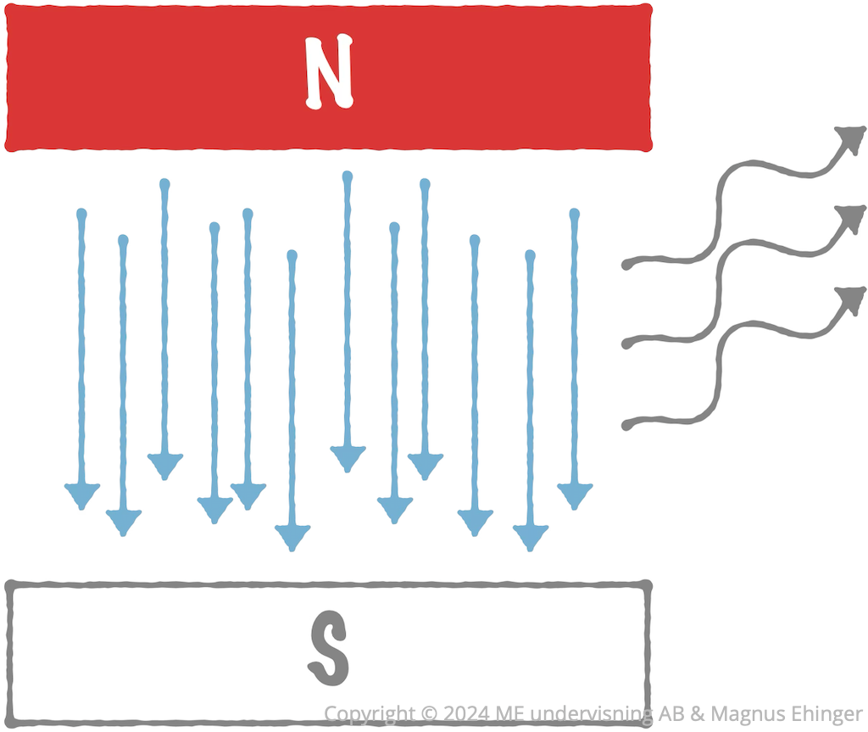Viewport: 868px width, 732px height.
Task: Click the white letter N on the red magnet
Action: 330,71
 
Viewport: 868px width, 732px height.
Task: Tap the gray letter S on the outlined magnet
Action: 329,648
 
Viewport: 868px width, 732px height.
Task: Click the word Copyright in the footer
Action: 370,714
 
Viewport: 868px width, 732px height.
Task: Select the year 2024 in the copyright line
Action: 466,713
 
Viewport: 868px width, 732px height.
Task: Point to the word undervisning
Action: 591,714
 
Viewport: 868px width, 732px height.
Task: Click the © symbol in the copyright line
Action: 429,713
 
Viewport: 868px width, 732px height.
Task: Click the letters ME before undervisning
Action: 509,713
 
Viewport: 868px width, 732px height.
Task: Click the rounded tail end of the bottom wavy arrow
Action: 626,425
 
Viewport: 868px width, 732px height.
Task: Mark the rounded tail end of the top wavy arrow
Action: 626,265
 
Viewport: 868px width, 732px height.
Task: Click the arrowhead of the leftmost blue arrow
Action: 82,495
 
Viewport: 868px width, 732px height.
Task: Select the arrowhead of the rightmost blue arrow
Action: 575,495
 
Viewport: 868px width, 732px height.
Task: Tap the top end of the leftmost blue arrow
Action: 82,214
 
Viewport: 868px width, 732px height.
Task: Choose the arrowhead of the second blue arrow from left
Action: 124,522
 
